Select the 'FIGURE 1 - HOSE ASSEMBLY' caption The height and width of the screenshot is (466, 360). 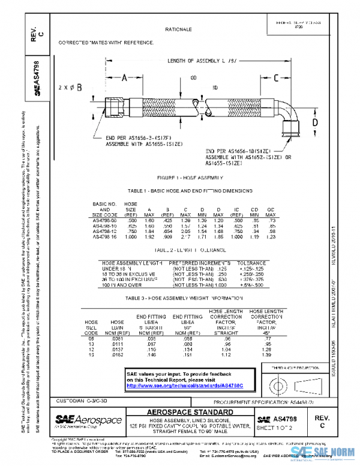point(190,178)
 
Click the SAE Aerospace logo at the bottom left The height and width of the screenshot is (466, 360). point(88,419)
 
